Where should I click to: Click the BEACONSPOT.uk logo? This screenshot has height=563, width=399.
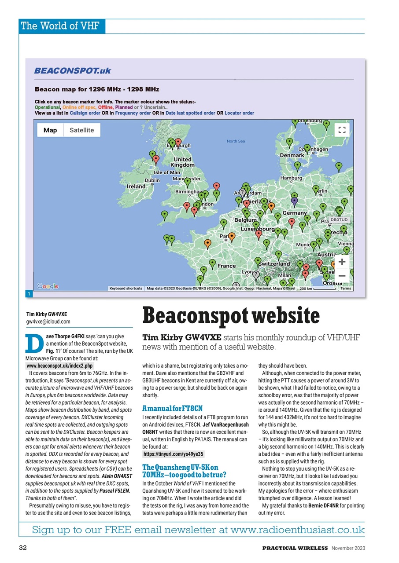[73, 70]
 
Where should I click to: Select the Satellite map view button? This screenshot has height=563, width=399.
[82, 130]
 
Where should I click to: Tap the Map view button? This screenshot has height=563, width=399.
[50, 130]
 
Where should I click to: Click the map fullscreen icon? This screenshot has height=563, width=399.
[341, 130]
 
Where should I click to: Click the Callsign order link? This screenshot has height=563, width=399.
[85, 113]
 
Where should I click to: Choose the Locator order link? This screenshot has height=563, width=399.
[239, 113]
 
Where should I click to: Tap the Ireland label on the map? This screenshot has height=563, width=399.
[136, 186]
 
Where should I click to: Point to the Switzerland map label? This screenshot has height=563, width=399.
[274, 263]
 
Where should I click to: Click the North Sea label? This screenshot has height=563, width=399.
[236, 141]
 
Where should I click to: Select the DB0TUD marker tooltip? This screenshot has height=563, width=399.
[339, 219]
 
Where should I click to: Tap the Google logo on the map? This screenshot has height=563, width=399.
[48, 286]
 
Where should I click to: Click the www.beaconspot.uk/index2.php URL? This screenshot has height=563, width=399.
[59, 366]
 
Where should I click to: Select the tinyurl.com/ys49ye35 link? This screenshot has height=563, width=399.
[173, 454]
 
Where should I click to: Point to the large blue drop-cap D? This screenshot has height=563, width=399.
[34, 344]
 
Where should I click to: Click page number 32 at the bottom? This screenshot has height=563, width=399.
[24, 548]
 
